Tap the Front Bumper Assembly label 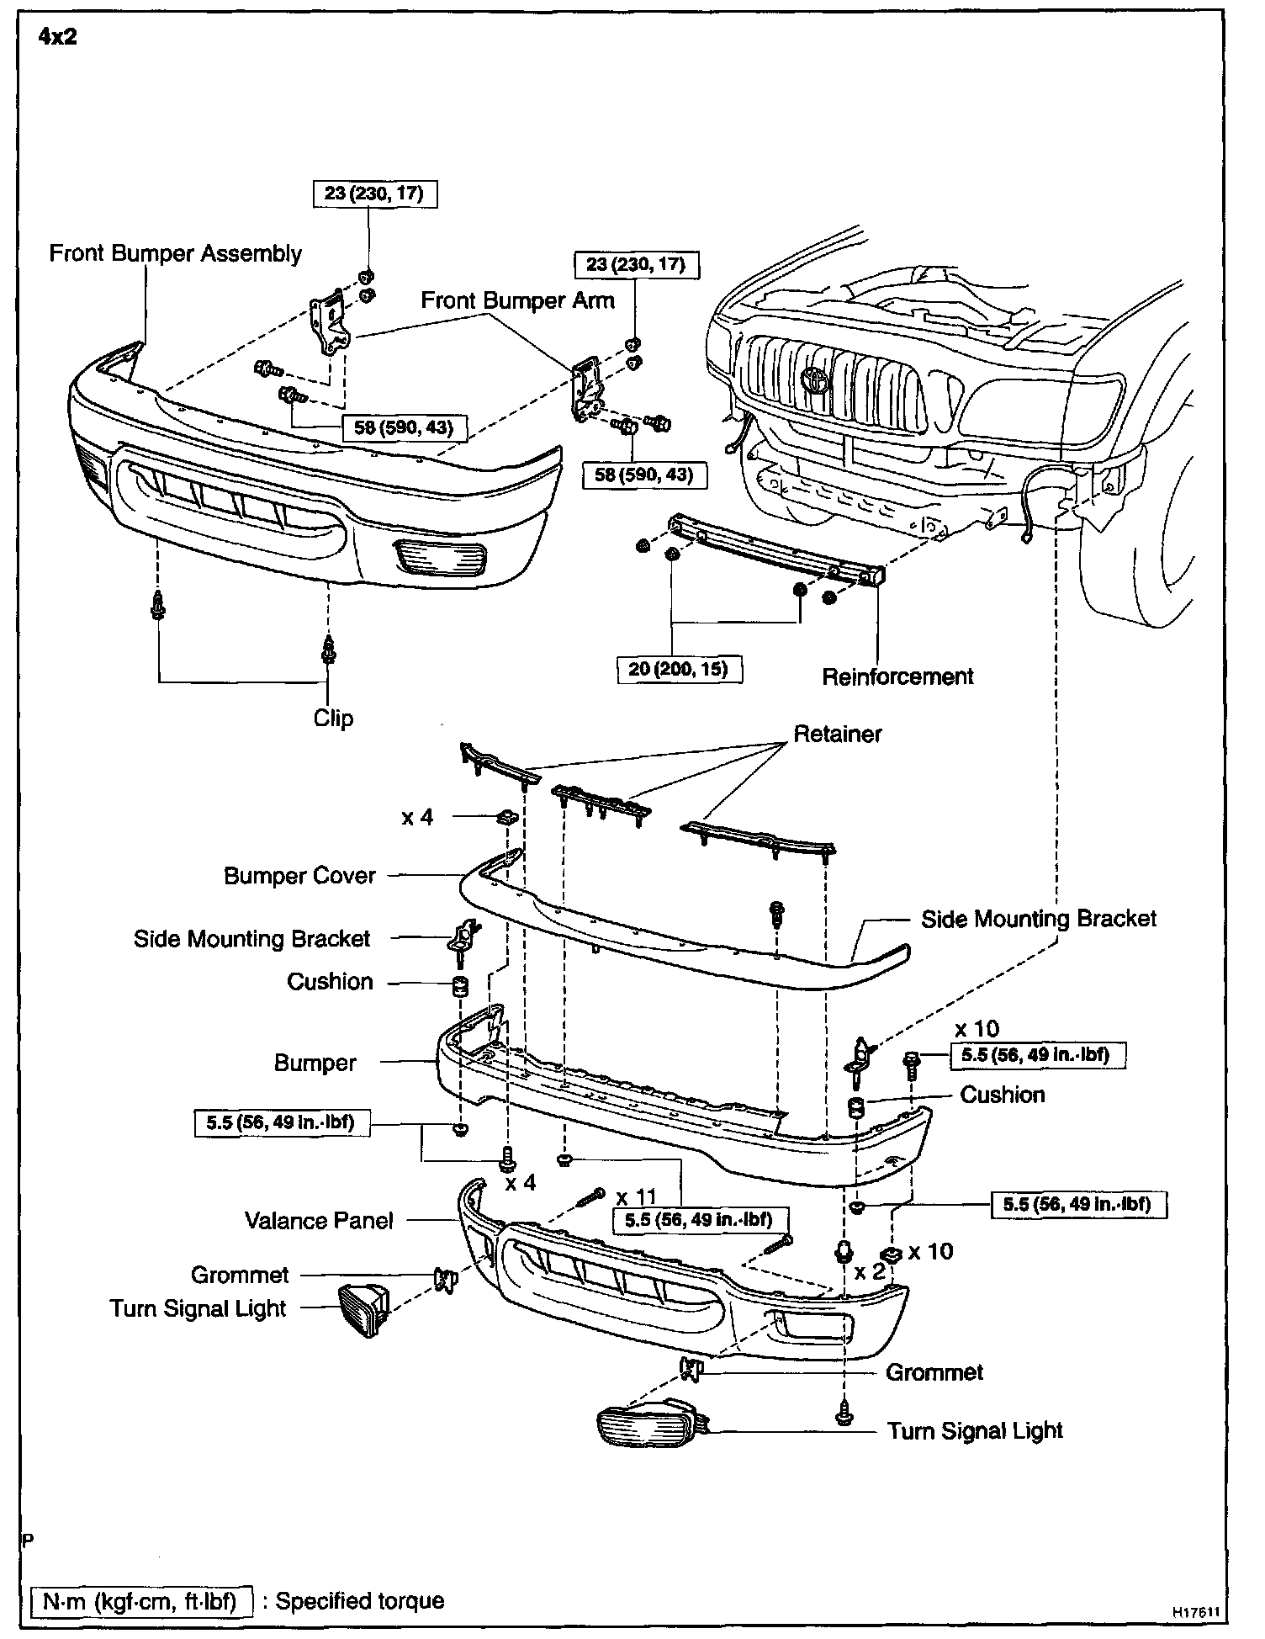click(175, 253)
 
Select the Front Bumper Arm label click(517, 300)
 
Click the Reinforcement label click(897, 676)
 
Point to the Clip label click(333, 719)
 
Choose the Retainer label click(838, 734)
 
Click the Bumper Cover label click(299, 876)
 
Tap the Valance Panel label click(319, 1221)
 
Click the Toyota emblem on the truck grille click(815, 379)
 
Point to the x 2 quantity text click(871, 1270)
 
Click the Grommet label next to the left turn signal click(240, 1276)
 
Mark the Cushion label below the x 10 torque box click(1003, 1095)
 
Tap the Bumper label click(315, 1063)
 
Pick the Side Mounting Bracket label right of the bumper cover click(1039, 919)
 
